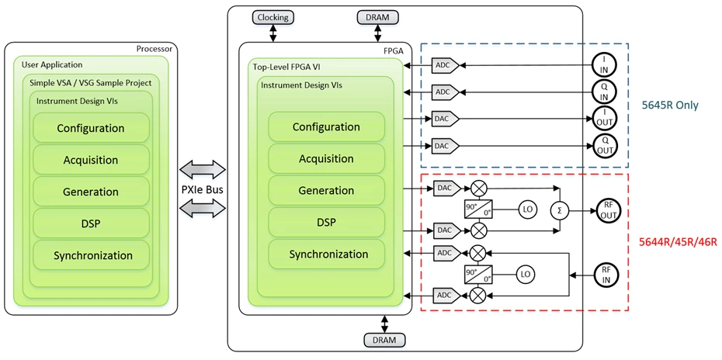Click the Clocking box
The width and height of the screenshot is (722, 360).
point(272,17)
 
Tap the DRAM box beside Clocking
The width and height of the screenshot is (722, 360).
point(377,17)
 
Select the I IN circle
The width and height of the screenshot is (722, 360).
point(605,65)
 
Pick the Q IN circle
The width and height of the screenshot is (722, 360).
point(605,92)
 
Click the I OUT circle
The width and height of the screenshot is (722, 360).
point(605,119)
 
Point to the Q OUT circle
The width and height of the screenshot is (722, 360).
point(605,145)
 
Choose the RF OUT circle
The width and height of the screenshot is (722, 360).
point(606,209)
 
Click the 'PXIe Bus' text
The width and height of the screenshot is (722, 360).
point(201,189)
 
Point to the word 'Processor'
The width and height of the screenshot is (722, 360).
point(153,49)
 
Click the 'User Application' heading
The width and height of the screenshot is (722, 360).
point(53,65)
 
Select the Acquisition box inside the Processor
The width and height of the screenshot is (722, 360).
point(91,160)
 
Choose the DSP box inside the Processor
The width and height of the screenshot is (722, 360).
point(91,223)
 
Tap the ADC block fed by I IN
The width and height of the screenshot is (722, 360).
point(443,66)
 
